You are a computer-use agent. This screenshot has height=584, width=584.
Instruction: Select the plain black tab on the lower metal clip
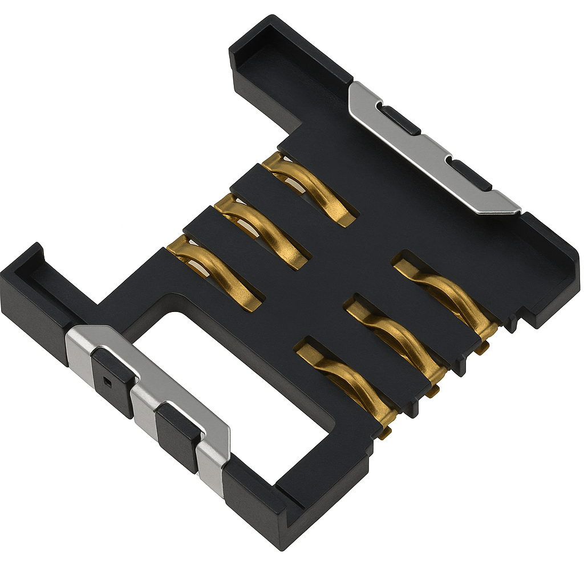click(x=178, y=436)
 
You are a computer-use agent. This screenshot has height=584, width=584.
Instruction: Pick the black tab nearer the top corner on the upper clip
click(x=400, y=120)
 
